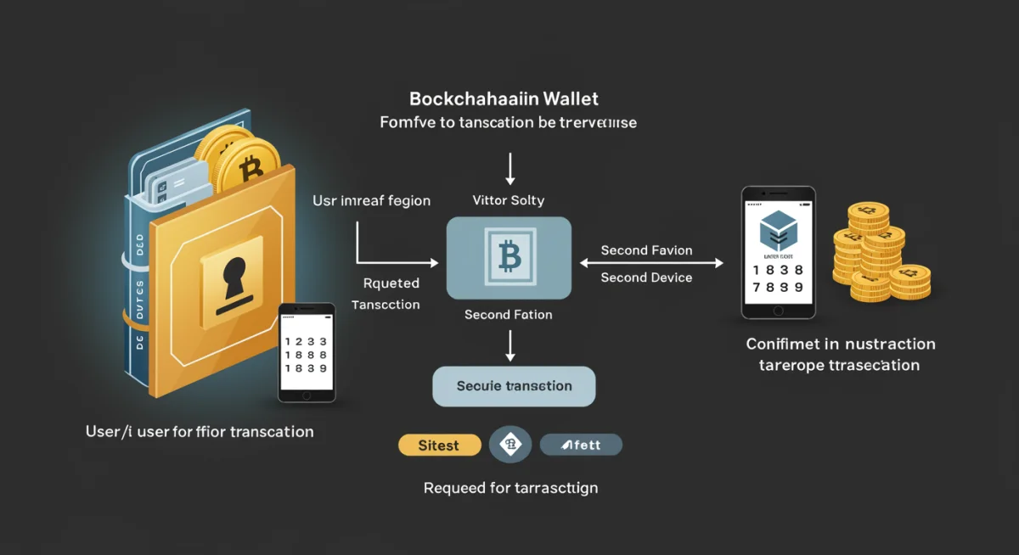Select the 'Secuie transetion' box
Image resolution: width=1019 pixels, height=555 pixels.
[x=514, y=386]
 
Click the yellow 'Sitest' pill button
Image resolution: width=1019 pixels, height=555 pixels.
[x=438, y=445]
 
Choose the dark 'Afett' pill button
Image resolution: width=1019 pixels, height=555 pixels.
[x=581, y=445]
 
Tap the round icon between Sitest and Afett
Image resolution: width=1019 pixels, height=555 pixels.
[x=510, y=445]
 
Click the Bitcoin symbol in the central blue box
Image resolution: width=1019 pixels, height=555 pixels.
[x=509, y=256]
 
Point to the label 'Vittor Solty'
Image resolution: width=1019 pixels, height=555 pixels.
[x=508, y=201]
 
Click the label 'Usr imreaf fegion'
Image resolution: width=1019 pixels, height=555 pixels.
[x=371, y=201]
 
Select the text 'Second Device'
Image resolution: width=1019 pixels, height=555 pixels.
[x=646, y=277]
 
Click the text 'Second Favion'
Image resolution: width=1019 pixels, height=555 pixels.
[x=646, y=250]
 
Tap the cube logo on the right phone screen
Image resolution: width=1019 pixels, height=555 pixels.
[x=778, y=227]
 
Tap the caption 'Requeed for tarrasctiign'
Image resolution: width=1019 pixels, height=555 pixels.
[x=510, y=488]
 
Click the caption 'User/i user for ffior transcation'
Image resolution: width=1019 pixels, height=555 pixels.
[x=200, y=432]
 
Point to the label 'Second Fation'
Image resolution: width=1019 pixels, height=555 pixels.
[x=508, y=315]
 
